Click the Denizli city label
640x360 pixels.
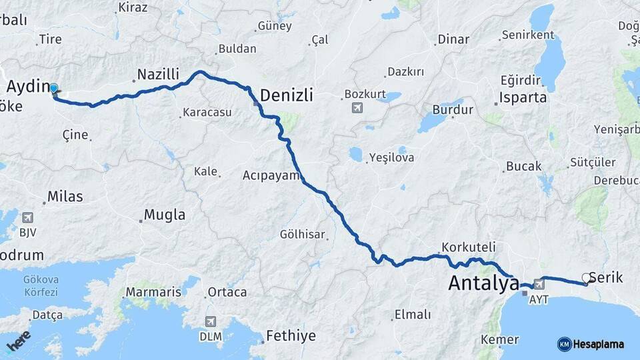click(286, 96)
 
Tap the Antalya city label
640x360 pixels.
click(483, 283)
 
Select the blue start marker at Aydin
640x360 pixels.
click(54, 87)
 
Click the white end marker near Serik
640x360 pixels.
click(586, 278)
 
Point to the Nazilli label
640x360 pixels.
click(158, 74)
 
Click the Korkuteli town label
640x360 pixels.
click(467, 246)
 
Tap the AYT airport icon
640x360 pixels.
click(539, 285)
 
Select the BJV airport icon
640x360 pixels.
click(27, 218)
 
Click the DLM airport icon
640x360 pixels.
click(211, 321)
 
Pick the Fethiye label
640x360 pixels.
click(291, 335)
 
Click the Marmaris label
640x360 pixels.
click(153, 292)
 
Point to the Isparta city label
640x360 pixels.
click(523, 97)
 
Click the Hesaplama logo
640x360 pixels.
click(591, 344)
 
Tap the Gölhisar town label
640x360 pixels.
click(303, 234)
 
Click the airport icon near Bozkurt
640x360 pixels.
click(355, 107)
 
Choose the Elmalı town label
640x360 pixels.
click(413, 315)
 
